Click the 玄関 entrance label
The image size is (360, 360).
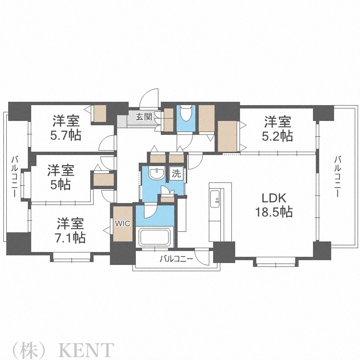point(144,116)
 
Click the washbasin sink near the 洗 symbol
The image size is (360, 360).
point(156,174)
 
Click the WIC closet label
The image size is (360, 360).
point(121,223)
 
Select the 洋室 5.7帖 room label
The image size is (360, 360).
point(66,128)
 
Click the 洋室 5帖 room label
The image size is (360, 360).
point(60,177)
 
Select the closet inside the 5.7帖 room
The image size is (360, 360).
point(100,114)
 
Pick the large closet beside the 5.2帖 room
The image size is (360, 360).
point(227,136)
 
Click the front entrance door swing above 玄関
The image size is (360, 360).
point(150,98)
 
